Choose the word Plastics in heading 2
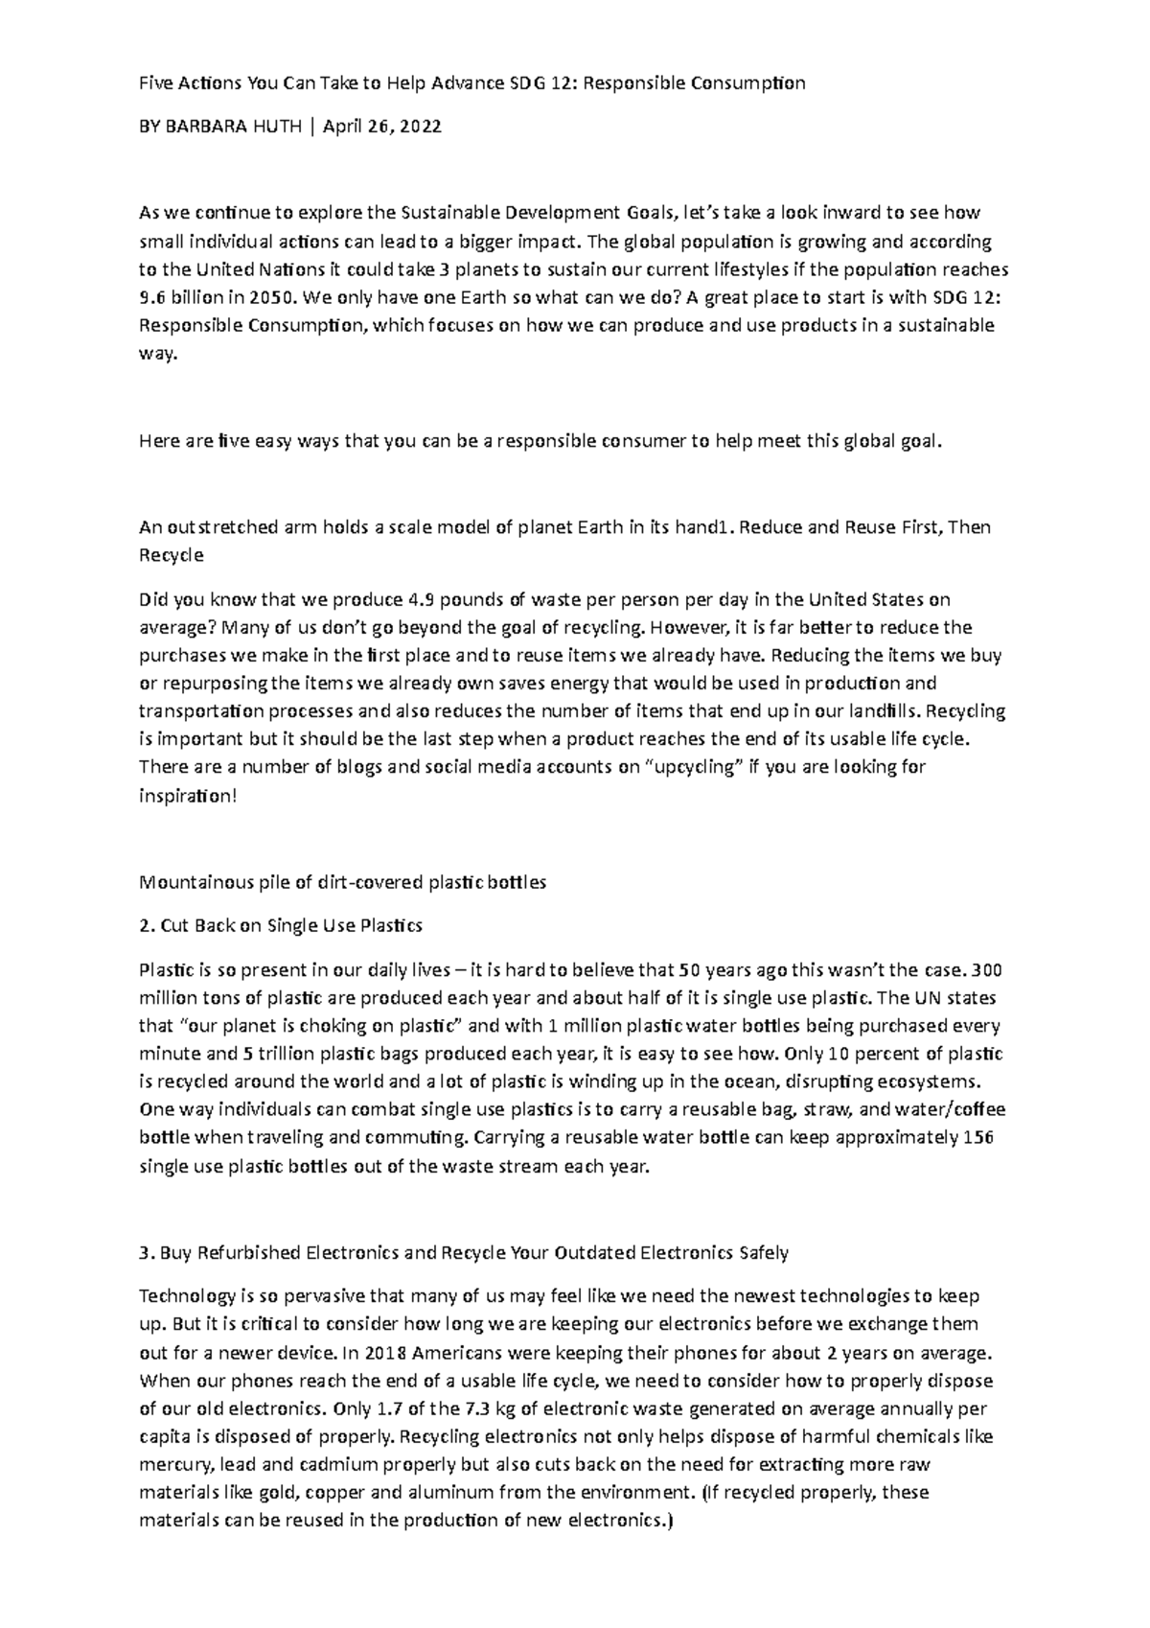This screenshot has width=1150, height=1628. [390, 926]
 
